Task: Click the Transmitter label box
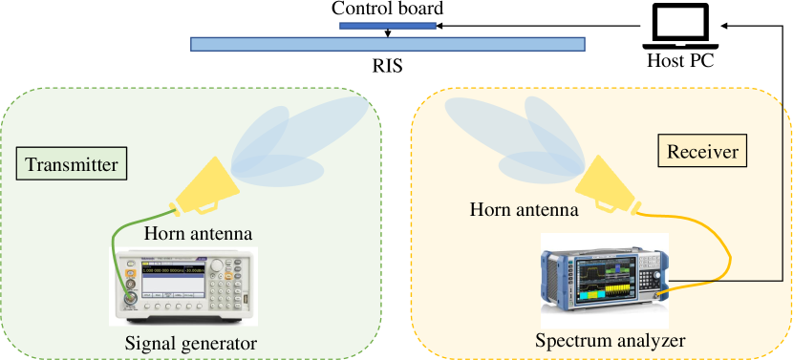73,164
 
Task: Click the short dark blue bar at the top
388,26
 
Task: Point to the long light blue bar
388,43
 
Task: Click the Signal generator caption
191,344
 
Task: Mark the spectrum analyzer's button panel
652,280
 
